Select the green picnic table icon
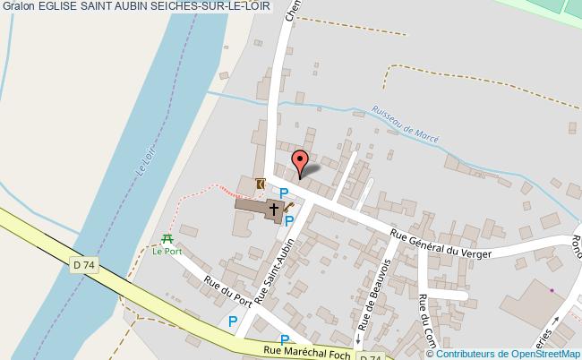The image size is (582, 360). click(x=167, y=238)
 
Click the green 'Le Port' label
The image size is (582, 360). click(x=167, y=252)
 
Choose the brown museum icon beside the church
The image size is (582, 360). click(x=260, y=184)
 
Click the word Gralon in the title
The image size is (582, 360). click(x=18, y=7)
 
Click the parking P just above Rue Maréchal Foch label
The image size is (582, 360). click(x=285, y=339)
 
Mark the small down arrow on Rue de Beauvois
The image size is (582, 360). click(x=357, y=342)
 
